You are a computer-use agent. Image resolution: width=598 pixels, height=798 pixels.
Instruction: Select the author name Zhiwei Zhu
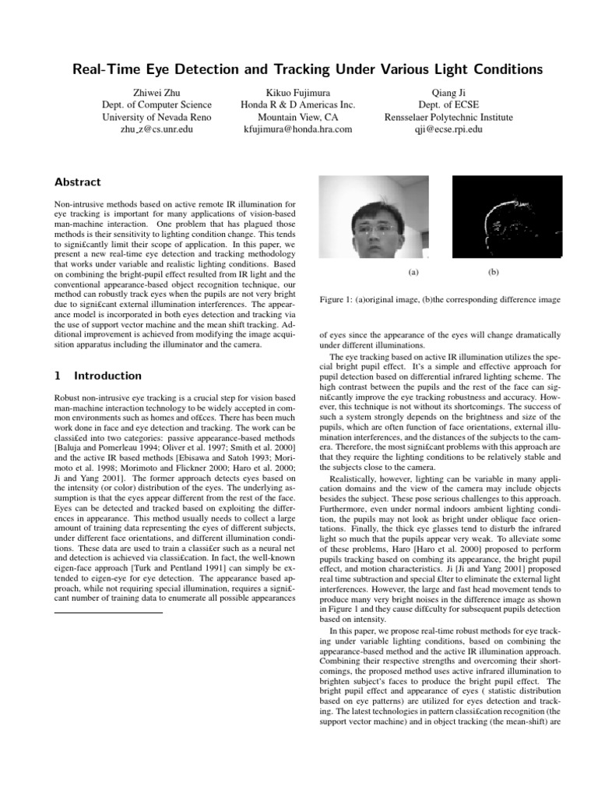tap(157, 92)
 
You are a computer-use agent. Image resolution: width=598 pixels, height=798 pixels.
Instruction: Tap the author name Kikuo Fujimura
tap(298, 92)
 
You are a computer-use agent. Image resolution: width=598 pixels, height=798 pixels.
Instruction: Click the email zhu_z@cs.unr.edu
tap(157, 129)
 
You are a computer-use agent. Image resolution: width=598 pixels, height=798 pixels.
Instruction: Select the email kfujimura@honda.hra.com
tap(298, 129)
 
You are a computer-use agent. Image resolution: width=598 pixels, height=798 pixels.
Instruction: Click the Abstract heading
tap(77, 182)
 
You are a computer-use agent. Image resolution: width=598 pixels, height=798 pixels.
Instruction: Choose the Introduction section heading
tap(97, 376)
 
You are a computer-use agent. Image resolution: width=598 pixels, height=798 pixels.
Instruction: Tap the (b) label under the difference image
tap(494, 272)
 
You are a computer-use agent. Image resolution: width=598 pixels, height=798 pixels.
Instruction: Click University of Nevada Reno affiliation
tap(157, 117)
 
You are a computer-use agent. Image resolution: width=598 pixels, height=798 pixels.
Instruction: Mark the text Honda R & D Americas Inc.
tap(298, 104)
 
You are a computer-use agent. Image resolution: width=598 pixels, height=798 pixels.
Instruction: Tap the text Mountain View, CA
tap(298, 117)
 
